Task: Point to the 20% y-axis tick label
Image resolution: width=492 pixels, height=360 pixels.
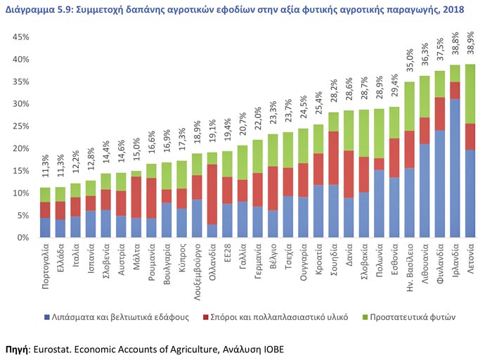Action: point(20,149)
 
